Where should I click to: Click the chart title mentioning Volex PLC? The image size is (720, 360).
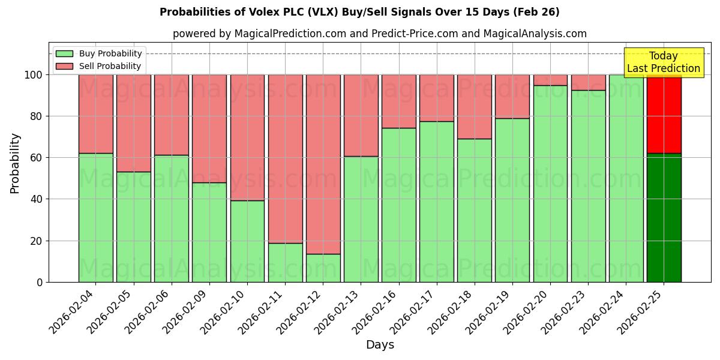tap(359, 12)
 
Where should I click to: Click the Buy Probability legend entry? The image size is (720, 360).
tap(99, 53)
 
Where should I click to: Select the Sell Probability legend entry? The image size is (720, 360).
tap(99, 66)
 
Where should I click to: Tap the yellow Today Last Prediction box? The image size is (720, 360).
tap(663, 62)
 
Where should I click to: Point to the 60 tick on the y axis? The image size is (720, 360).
tap(37, 158)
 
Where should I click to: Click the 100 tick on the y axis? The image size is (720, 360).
tap(35, 75)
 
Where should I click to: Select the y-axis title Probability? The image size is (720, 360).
tap(15, 163)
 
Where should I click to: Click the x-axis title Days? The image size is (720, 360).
tap(380, 345)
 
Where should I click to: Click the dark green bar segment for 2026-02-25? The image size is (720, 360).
tap(664, 218)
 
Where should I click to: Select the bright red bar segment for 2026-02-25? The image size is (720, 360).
tap(664, 114)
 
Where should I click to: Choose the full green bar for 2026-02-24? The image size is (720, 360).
tap(626, 178)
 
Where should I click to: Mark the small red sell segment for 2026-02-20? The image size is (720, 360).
tap(550, 80)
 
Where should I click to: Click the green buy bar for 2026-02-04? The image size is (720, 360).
tap(96, 218)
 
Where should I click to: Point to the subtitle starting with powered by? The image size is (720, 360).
tap(379, 34)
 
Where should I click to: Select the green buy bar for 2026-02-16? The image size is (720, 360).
tap(399, 205)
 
